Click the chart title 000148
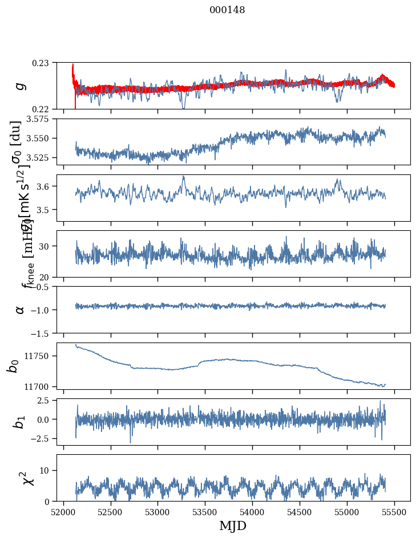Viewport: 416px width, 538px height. [x=227, y=10]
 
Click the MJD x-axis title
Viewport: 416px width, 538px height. [x=233, y=526]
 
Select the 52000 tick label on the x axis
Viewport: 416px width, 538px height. [x=63, y=511]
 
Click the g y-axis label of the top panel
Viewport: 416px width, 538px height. [x=20, y=85]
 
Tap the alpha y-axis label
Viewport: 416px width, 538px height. [x=20, y=309]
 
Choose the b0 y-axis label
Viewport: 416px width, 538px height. [x=13, y=365]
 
